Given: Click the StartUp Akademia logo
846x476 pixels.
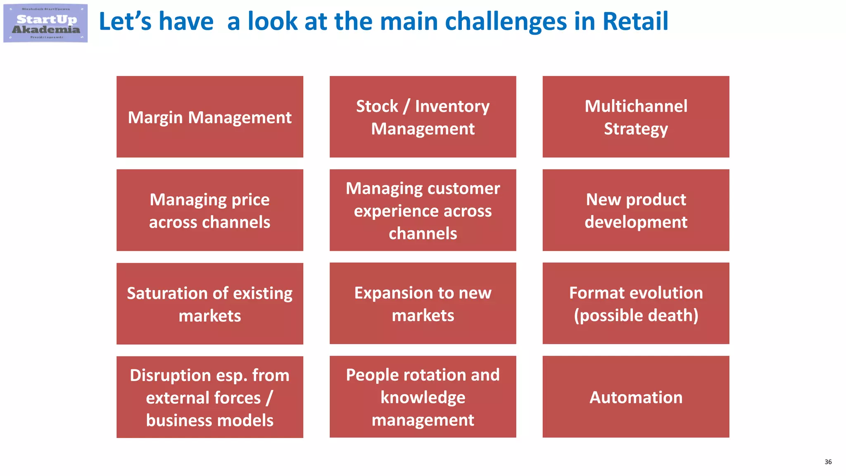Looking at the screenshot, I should tap(45, 24).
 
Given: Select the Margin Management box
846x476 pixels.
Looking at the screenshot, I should tap(210, 117).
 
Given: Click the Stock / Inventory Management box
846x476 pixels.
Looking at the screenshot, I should tap(423, 117).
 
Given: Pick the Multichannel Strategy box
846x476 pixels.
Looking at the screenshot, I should tap(636, 117).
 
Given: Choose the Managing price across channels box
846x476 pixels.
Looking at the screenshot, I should tap(210, 210).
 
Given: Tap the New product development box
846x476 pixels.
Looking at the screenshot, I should tap(636, 210).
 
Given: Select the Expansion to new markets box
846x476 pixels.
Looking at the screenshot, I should tap(423, 304).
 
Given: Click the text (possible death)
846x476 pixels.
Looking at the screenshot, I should tap(636, 315).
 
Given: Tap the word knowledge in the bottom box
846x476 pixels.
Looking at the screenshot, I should tap(423, 397).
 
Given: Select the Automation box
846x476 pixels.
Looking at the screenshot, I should tap(636, 397).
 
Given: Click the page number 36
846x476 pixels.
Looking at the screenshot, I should tap(828, 462).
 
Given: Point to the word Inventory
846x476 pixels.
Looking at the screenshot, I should tap(452, 106).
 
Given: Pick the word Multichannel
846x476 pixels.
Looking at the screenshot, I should tap(636, 106).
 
